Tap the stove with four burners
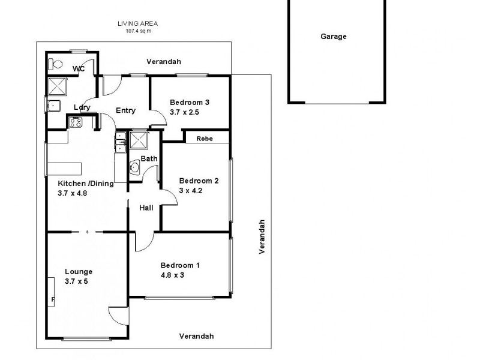click(x=76, y=122)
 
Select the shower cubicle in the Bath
click(x=139, y=142)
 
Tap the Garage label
click(x=334, y=37)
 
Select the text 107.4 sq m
click(x=137, y=31)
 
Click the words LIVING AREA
click(x=137, y=24)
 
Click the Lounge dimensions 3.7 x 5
click(x=76, y=281)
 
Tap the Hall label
click(x=146, y=208)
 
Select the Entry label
click(x=126, y=110)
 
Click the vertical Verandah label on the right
click(x=262, y=236)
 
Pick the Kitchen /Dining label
click(x=85, y=184)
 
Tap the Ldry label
click(x=82, y=107)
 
